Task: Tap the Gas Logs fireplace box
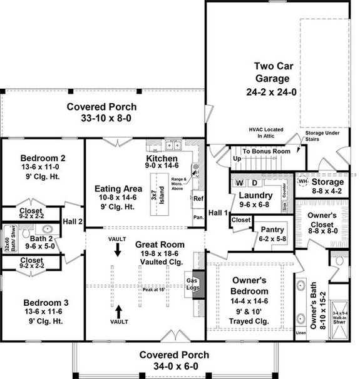pos(193,285)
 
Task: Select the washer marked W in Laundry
pos(239,183)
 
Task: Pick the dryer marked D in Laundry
pos(254,183)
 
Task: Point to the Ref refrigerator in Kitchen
pos(198,199)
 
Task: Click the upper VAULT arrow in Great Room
pos(117,250)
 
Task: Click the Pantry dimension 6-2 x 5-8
pos(272,239)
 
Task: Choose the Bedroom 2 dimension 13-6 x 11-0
pos(43,168)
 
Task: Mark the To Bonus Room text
pos(266,151)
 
